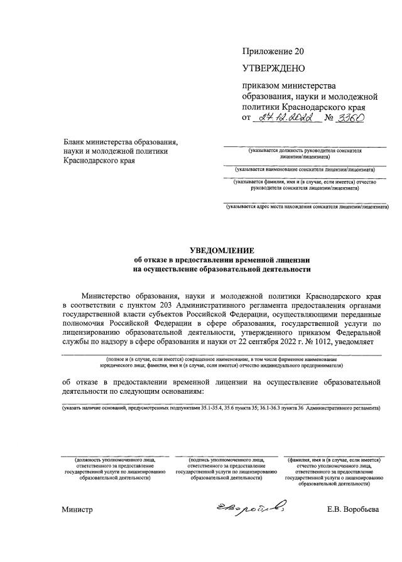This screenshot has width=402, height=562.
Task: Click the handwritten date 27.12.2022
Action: pos(284,117)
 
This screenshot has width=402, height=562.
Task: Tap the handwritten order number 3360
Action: pos(351,117)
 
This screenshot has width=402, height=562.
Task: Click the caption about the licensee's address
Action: pos(307,207)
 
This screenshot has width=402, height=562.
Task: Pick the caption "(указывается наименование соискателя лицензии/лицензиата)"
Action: pos(305,170)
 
